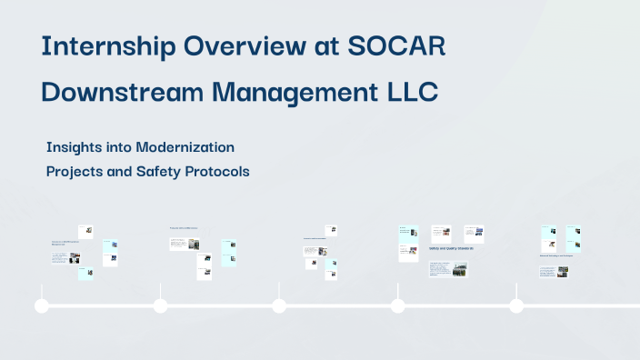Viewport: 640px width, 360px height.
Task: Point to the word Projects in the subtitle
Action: (77, 171)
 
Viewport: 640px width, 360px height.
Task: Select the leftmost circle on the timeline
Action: (41, 306)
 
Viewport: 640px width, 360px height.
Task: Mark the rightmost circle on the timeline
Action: (516, 306)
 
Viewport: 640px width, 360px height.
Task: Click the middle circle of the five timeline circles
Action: (279, 306)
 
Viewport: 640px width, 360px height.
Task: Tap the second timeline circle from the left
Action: (160, 306)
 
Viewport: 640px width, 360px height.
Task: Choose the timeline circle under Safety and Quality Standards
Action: (397, 306)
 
